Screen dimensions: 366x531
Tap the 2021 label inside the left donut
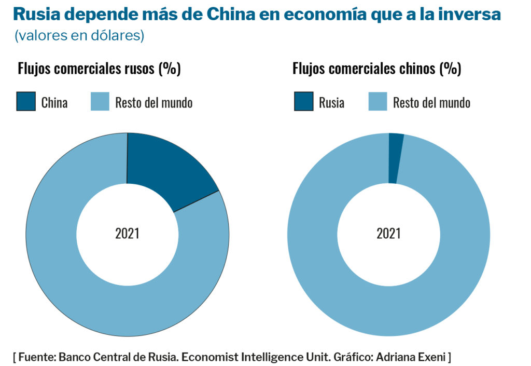(127, 234)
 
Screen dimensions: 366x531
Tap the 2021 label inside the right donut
(388, 234)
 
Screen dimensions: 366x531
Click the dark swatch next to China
(26, 102)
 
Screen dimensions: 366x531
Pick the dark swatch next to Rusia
(304, 102)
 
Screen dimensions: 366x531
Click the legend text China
(54, 102)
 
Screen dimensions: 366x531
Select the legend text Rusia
(331, 102)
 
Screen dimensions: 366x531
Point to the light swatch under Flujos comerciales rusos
(100, 102)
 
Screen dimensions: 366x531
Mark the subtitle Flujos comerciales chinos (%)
(377, 69)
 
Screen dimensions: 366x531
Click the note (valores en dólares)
(79, 36)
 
